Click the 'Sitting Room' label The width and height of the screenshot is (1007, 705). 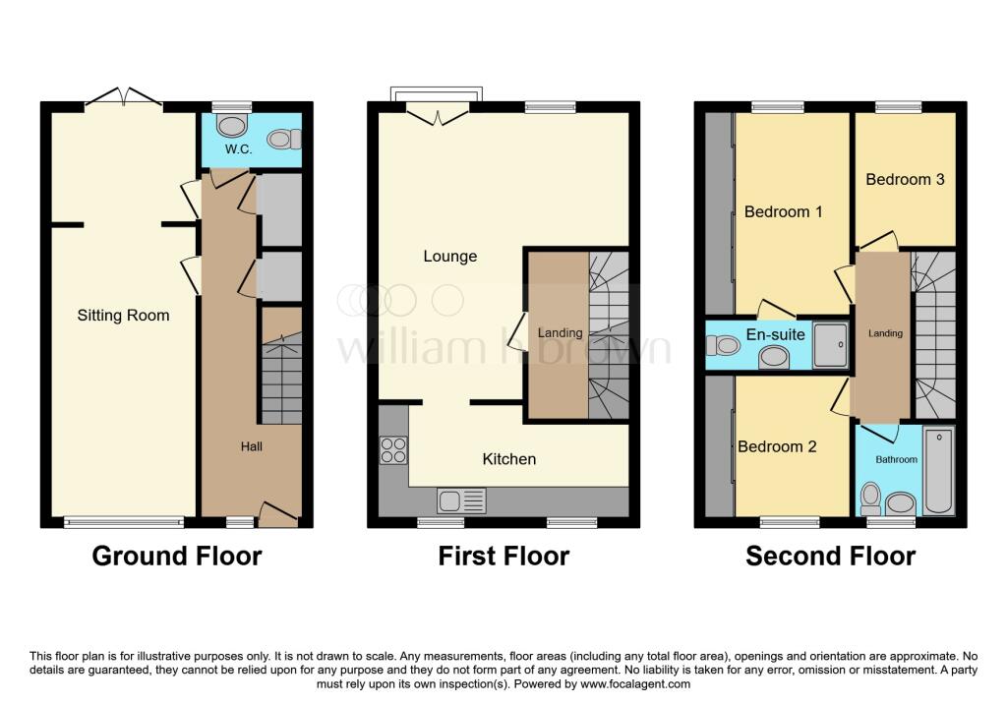click(x=123, y=316)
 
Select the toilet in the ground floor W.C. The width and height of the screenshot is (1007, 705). click(x=232, y=126)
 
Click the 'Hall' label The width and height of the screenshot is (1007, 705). click(x=252, y=446)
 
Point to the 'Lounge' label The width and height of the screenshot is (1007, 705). click(x=449, y=257)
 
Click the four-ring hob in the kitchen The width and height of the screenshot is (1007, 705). click(x=393, y=449)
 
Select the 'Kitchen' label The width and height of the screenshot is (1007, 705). click(x=508, y=459)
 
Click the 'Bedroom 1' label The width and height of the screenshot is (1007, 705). click(x=783, y=211)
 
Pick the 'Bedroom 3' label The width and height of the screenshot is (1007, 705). click(x=905, y=179)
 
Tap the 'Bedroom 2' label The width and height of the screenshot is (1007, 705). click(x=777, y=446)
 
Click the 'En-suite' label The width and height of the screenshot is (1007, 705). click(x=775, y=335)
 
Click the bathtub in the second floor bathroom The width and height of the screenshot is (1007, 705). click(x=939, y=472)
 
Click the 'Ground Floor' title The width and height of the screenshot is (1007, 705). click(x=177, y=557)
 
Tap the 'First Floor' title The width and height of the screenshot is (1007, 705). click(x=503, y=557)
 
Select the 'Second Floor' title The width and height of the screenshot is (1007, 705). click(x=830, y=557)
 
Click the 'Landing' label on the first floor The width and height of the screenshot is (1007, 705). click(x=559, y=333)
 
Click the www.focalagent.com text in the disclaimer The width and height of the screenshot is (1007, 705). click(x=636, y=683)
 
